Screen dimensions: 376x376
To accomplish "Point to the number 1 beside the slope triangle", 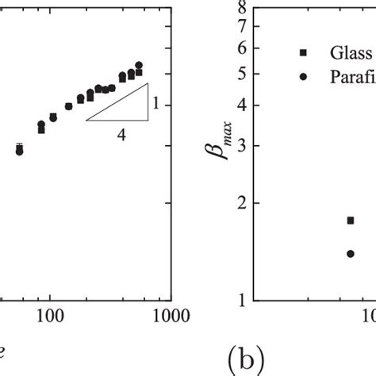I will pyautogui.click(x=157, y=102).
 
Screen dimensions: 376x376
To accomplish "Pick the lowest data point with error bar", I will pyautogui.click(x=20, y=149).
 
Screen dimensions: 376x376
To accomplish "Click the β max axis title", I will pyautogui.click(x=212, y=150).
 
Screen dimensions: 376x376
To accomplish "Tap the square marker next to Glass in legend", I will pyautogui.click(x=303, y=52).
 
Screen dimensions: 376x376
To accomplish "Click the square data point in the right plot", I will pyautogui.click(x=350, y=221).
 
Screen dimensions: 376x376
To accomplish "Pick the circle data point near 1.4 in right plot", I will pyautogui.click(x=350, y=254).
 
